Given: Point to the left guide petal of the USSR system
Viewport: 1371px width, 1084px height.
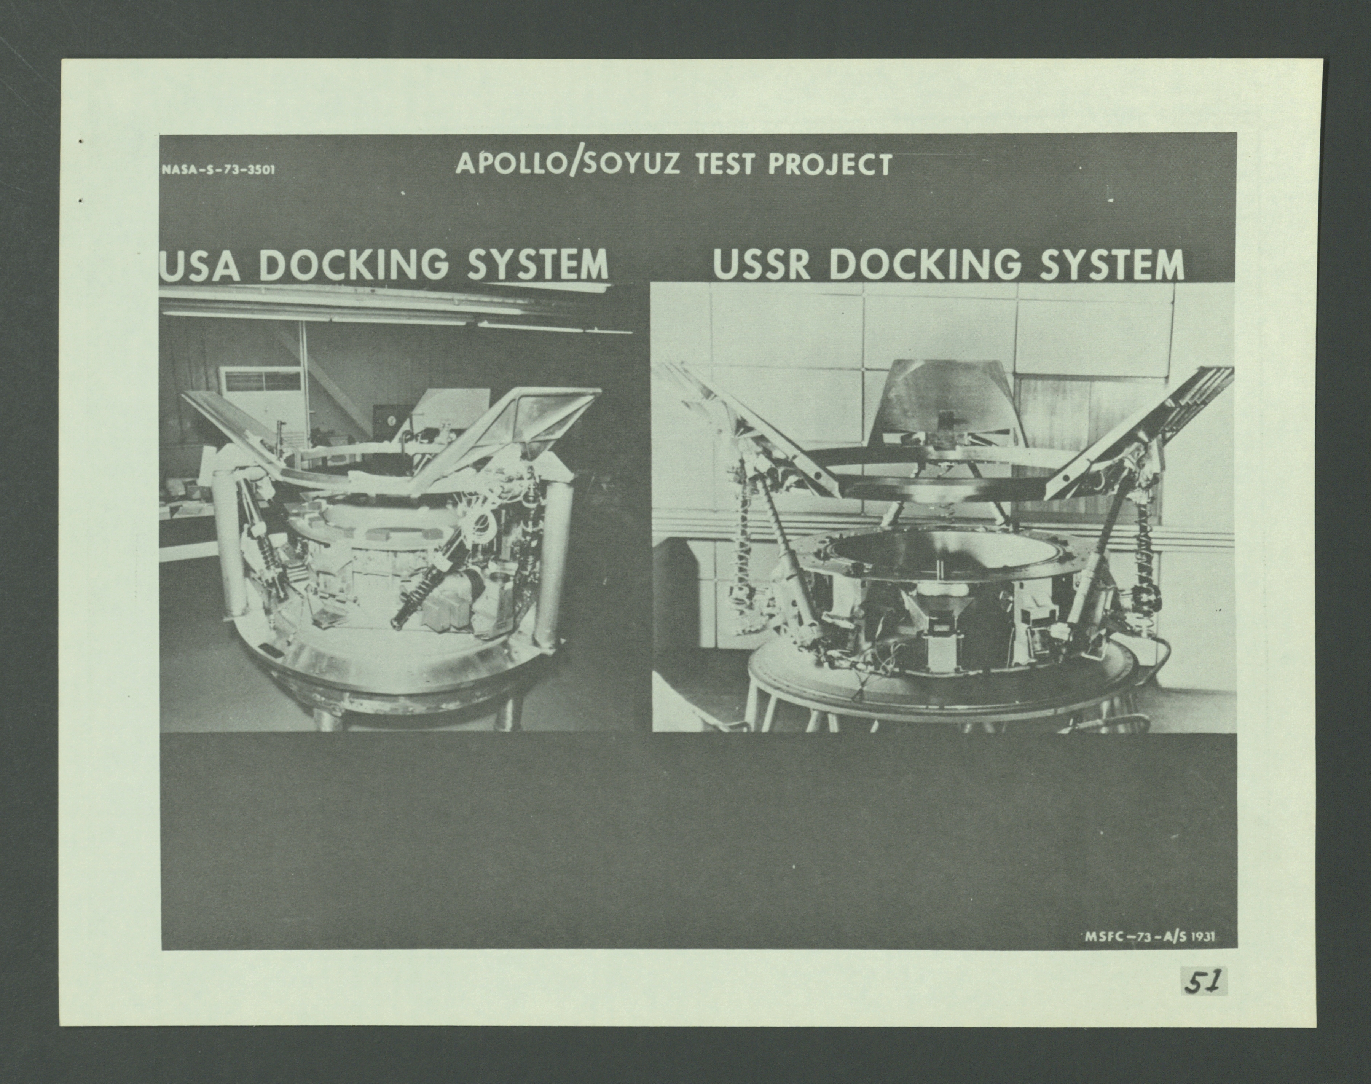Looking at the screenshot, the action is [749, 425].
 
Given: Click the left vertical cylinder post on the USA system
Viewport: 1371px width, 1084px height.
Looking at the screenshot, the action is [226, 552].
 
